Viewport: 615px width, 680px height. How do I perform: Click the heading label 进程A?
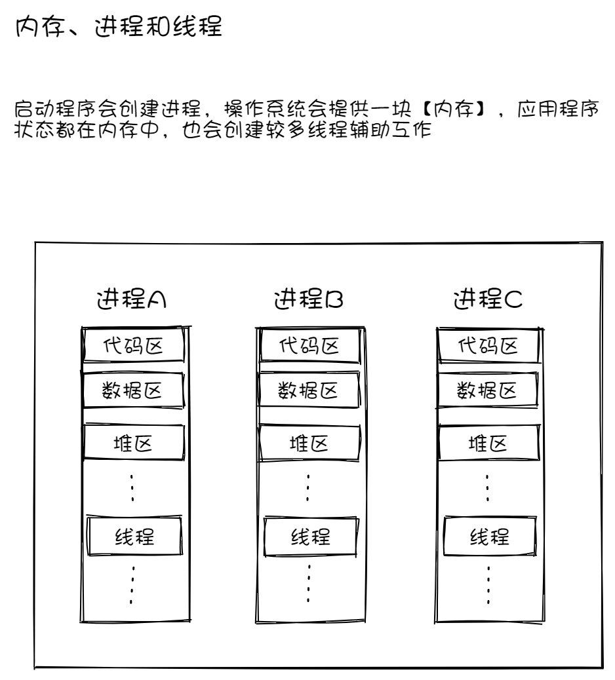tap(131, 300)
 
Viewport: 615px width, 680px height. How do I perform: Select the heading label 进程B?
tap(309, 300)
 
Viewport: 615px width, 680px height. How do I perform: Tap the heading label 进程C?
tap(488, 300)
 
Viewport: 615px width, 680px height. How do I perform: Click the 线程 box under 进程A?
tap(134, 537)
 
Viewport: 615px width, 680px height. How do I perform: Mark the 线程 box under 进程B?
tap(310, 537)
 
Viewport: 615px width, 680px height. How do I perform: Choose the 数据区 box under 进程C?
tap(488, 391)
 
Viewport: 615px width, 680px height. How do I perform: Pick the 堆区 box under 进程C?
tap(488, 443)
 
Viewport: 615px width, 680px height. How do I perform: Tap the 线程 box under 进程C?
tap(489, 537)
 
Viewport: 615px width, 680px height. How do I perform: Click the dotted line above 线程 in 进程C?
tap(487, 487)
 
